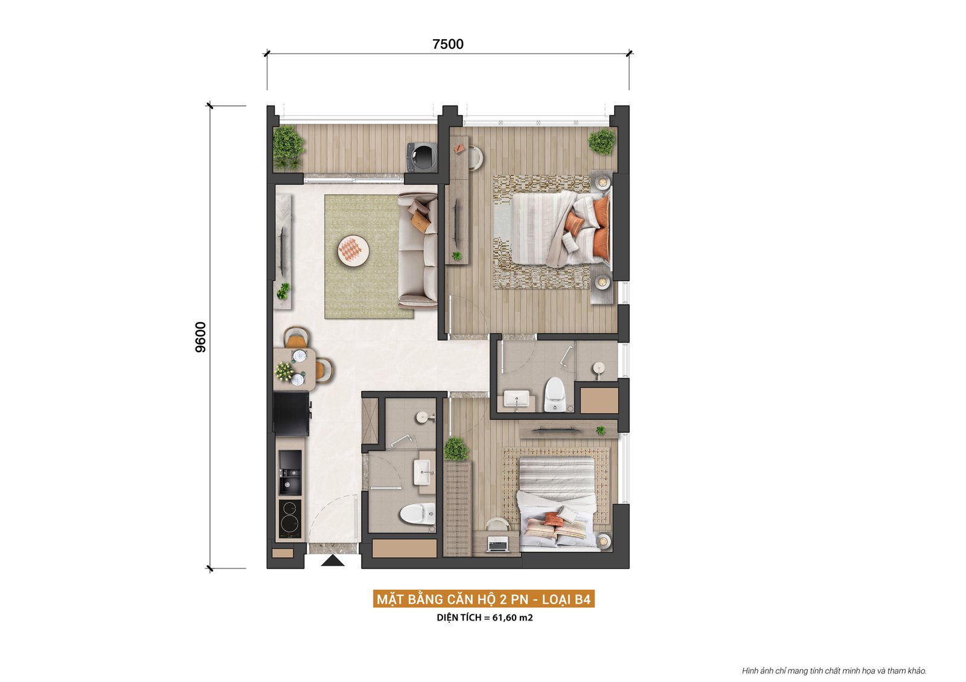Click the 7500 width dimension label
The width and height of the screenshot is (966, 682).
pos(448,44)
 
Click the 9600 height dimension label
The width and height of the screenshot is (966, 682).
pos(201,337)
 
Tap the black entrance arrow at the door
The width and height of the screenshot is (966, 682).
pos(332,561)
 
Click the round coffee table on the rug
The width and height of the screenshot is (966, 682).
pos(353,250)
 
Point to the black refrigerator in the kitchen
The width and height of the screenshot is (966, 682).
pos(291,413)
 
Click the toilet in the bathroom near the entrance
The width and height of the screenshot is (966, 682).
pos(417,514)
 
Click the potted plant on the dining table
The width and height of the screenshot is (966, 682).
pos(284,371)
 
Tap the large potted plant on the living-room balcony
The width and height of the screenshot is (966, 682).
pos(287,147)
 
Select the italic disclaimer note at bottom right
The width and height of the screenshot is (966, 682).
pos(834,671)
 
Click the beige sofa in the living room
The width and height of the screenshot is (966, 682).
pos(418,250)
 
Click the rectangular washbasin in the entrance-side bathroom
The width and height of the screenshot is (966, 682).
pos(423,472)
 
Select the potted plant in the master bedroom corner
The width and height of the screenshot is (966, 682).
pos(602,142)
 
